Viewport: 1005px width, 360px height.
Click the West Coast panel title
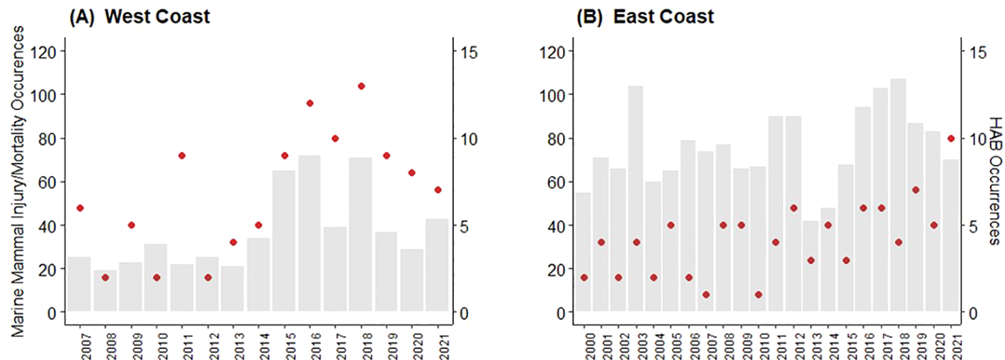pyautogui.click(x=139, y=17)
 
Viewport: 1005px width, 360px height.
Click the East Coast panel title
pyautogui.click(x=645, y=17)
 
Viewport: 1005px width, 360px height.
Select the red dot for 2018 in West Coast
pyautogui.click(x=361, y=86)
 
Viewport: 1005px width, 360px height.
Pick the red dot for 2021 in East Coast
pyautogui.click(x=951, y=138)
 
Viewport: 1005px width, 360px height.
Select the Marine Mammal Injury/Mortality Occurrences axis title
pyautogui.click(x=20, y=183)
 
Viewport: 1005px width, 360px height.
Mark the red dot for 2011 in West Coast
pyautogui.click(x=182, y=155)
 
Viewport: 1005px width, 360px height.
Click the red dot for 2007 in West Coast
pyautogui.click(x=80, y=207)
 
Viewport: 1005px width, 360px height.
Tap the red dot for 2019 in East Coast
pyautogui.click(x=916, y=190)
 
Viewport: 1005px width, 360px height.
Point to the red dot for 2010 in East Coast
pyautogui.click(x=758, y=295)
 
